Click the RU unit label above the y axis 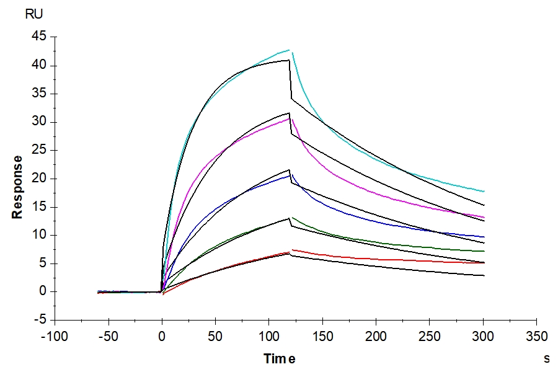34,14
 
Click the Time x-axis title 279,358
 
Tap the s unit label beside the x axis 547,358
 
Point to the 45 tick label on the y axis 38,37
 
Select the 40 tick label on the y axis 38,66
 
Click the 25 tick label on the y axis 38,150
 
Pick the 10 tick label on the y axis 38,235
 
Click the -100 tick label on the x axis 55,337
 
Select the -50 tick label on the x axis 108,337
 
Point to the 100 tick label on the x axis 269,337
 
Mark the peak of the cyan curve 290,50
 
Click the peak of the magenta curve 290,118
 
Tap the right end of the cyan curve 484,192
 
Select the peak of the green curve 291,217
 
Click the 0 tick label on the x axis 162,337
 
